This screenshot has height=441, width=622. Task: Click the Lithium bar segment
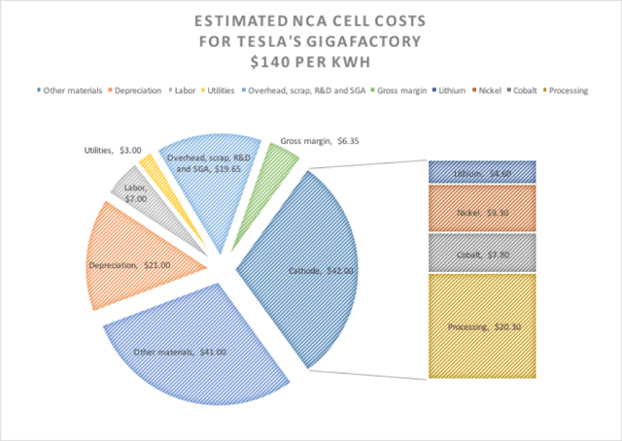475,173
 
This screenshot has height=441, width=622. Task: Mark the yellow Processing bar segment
475,325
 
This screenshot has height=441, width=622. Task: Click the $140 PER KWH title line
311,62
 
